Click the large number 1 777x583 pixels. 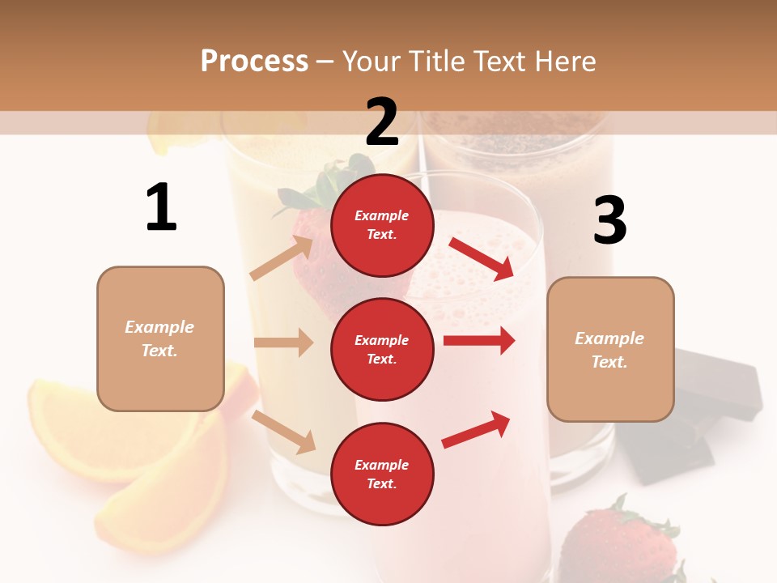click(161, 208)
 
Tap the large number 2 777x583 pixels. click(382, 122)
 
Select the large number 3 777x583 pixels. click(609, 221)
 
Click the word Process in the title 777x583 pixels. click(254, 61)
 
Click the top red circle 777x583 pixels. click(382, 225)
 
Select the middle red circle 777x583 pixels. click(382, 349)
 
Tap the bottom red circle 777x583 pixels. click(382, 474)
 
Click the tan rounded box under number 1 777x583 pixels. click(160, 338)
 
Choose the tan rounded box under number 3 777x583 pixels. click(610, 349)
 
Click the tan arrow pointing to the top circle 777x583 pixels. click(282, 258)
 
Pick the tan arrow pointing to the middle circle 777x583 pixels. click(283, 343)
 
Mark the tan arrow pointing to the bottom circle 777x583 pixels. click(283, 431)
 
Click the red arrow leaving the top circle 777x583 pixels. click(482, 258)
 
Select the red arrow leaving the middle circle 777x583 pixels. click(479, 340)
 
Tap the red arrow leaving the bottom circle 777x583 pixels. click(476, 430)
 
